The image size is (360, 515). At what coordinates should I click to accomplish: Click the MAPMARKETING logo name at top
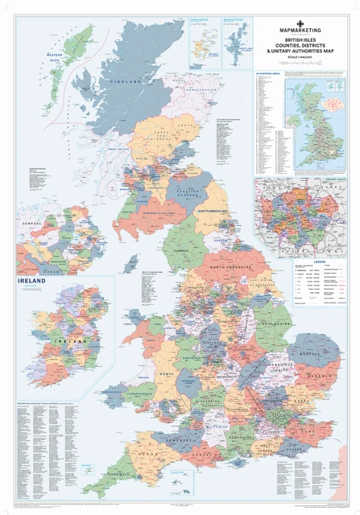tap(305, 33)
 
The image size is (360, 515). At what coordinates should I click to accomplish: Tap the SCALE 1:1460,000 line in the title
tap(305, 64)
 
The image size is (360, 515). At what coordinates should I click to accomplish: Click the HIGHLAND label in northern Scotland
tap(118, 82)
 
